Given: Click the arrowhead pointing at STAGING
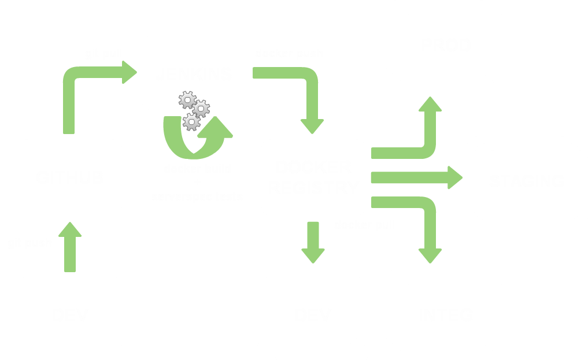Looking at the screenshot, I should point(454,177).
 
